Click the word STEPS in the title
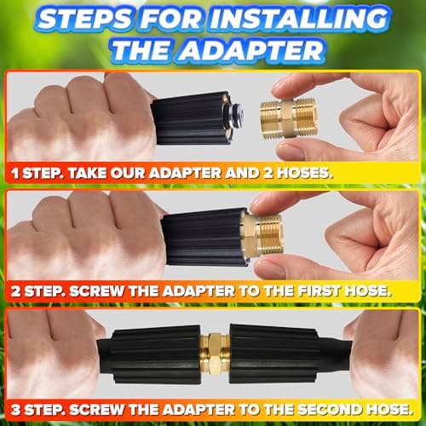tap(87, 16)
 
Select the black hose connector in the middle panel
tap(204, 237)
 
